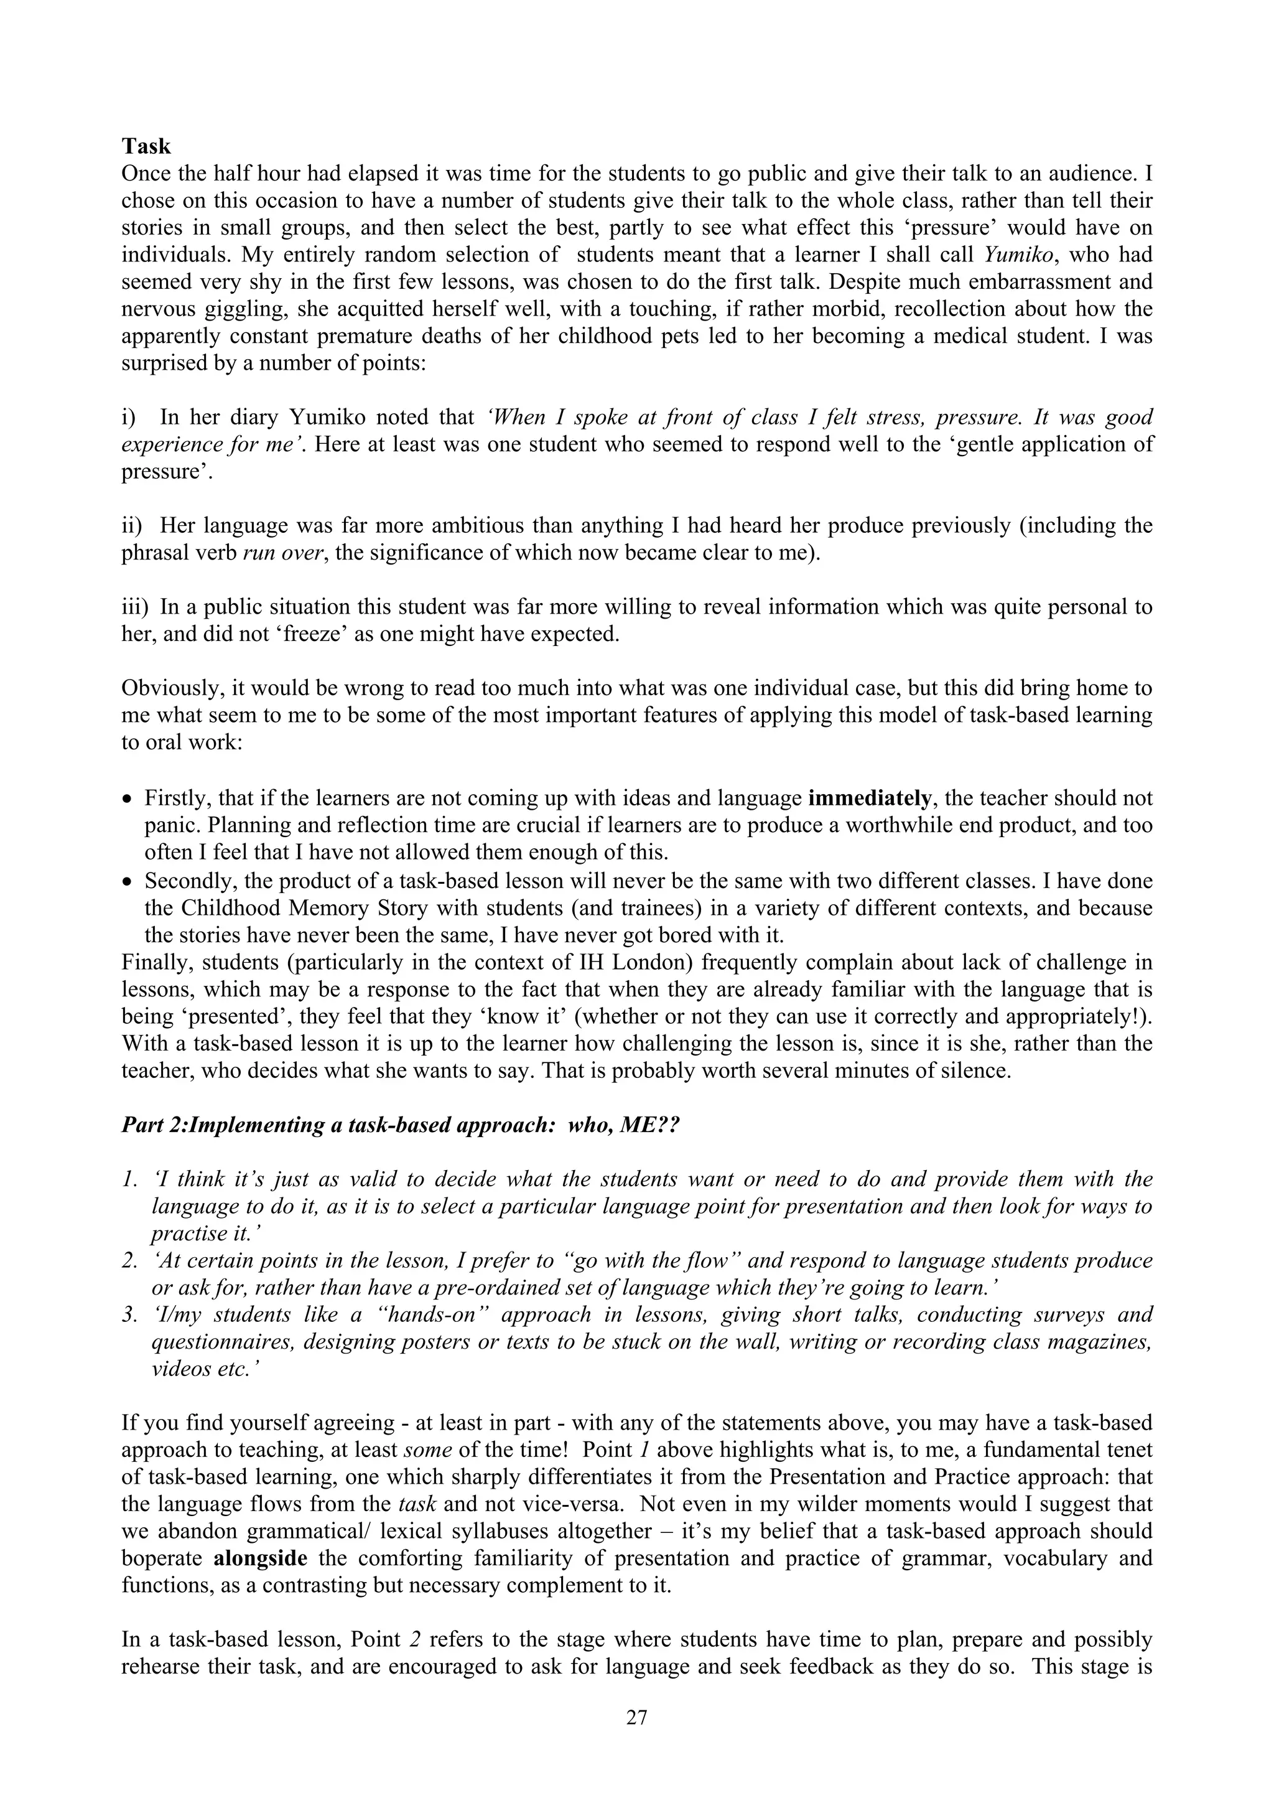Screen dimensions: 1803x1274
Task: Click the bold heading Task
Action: (146, 147)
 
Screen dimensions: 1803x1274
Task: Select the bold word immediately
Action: (869, 798)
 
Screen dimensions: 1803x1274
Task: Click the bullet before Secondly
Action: (129, 882)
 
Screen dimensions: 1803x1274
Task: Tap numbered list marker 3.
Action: (129, 1314)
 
